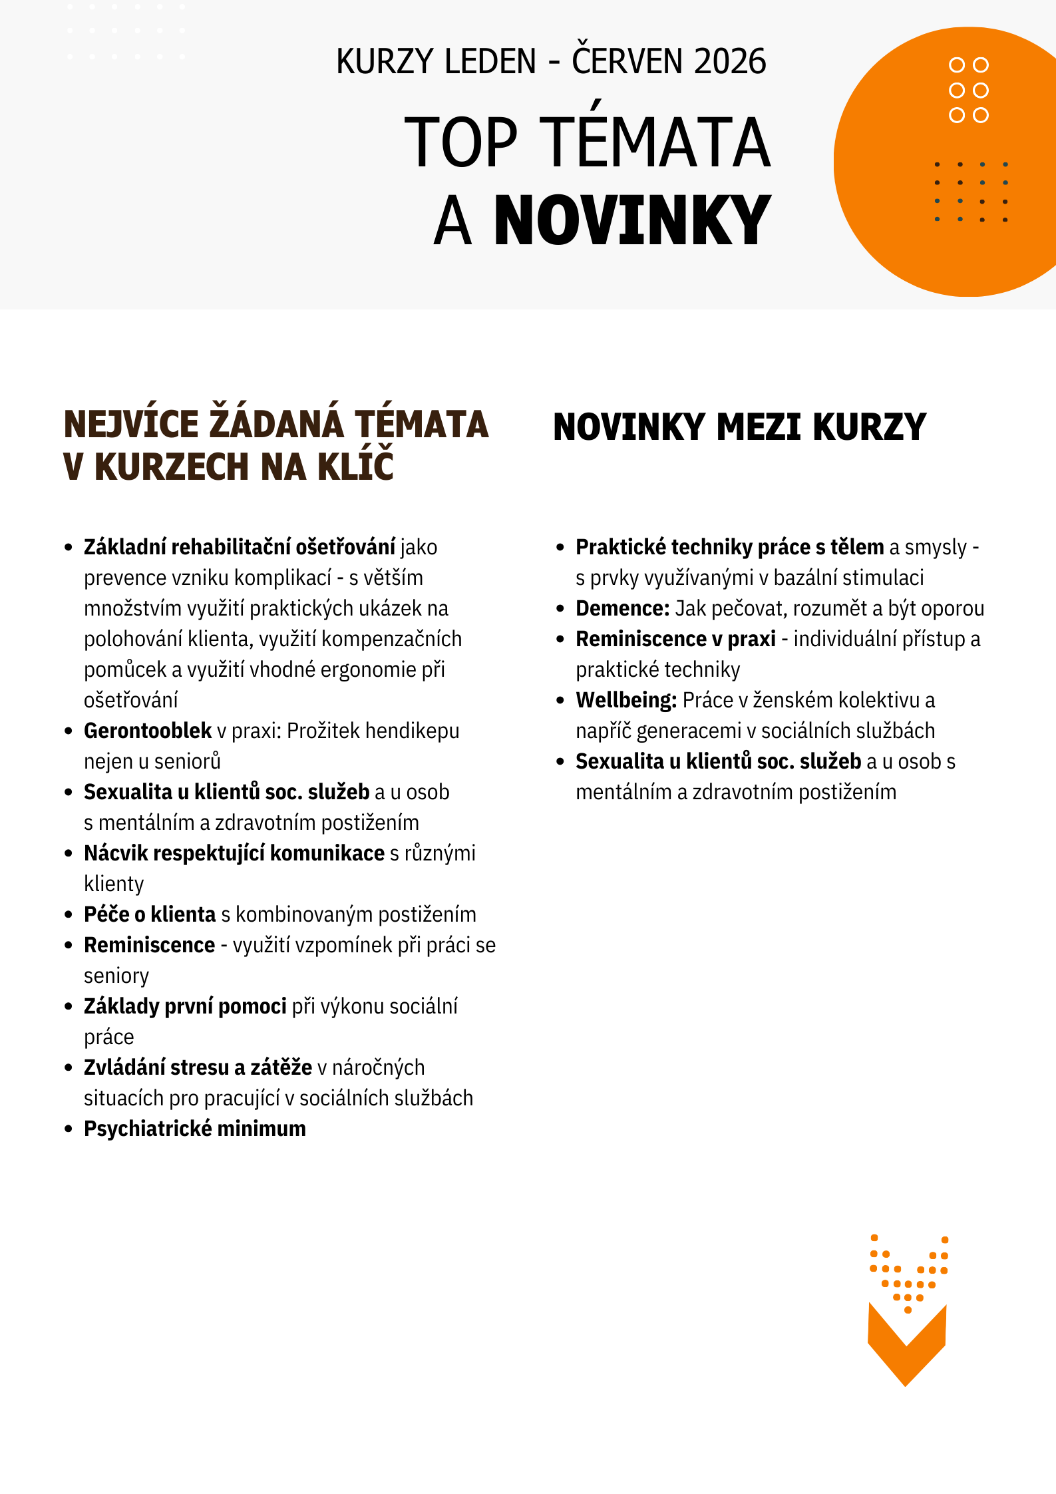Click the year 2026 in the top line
730,62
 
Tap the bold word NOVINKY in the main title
632,221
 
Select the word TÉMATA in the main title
658,142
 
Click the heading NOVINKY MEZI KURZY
739,427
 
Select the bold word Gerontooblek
148,731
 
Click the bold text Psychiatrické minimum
195,1129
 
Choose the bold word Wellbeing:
626,700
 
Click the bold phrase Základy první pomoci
185,1006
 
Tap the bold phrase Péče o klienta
150,914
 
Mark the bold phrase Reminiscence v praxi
675,639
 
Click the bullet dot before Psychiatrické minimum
69,1129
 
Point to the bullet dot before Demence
560,608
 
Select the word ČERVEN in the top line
627,62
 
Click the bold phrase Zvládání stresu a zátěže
198,1067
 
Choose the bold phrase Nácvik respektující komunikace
234,853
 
